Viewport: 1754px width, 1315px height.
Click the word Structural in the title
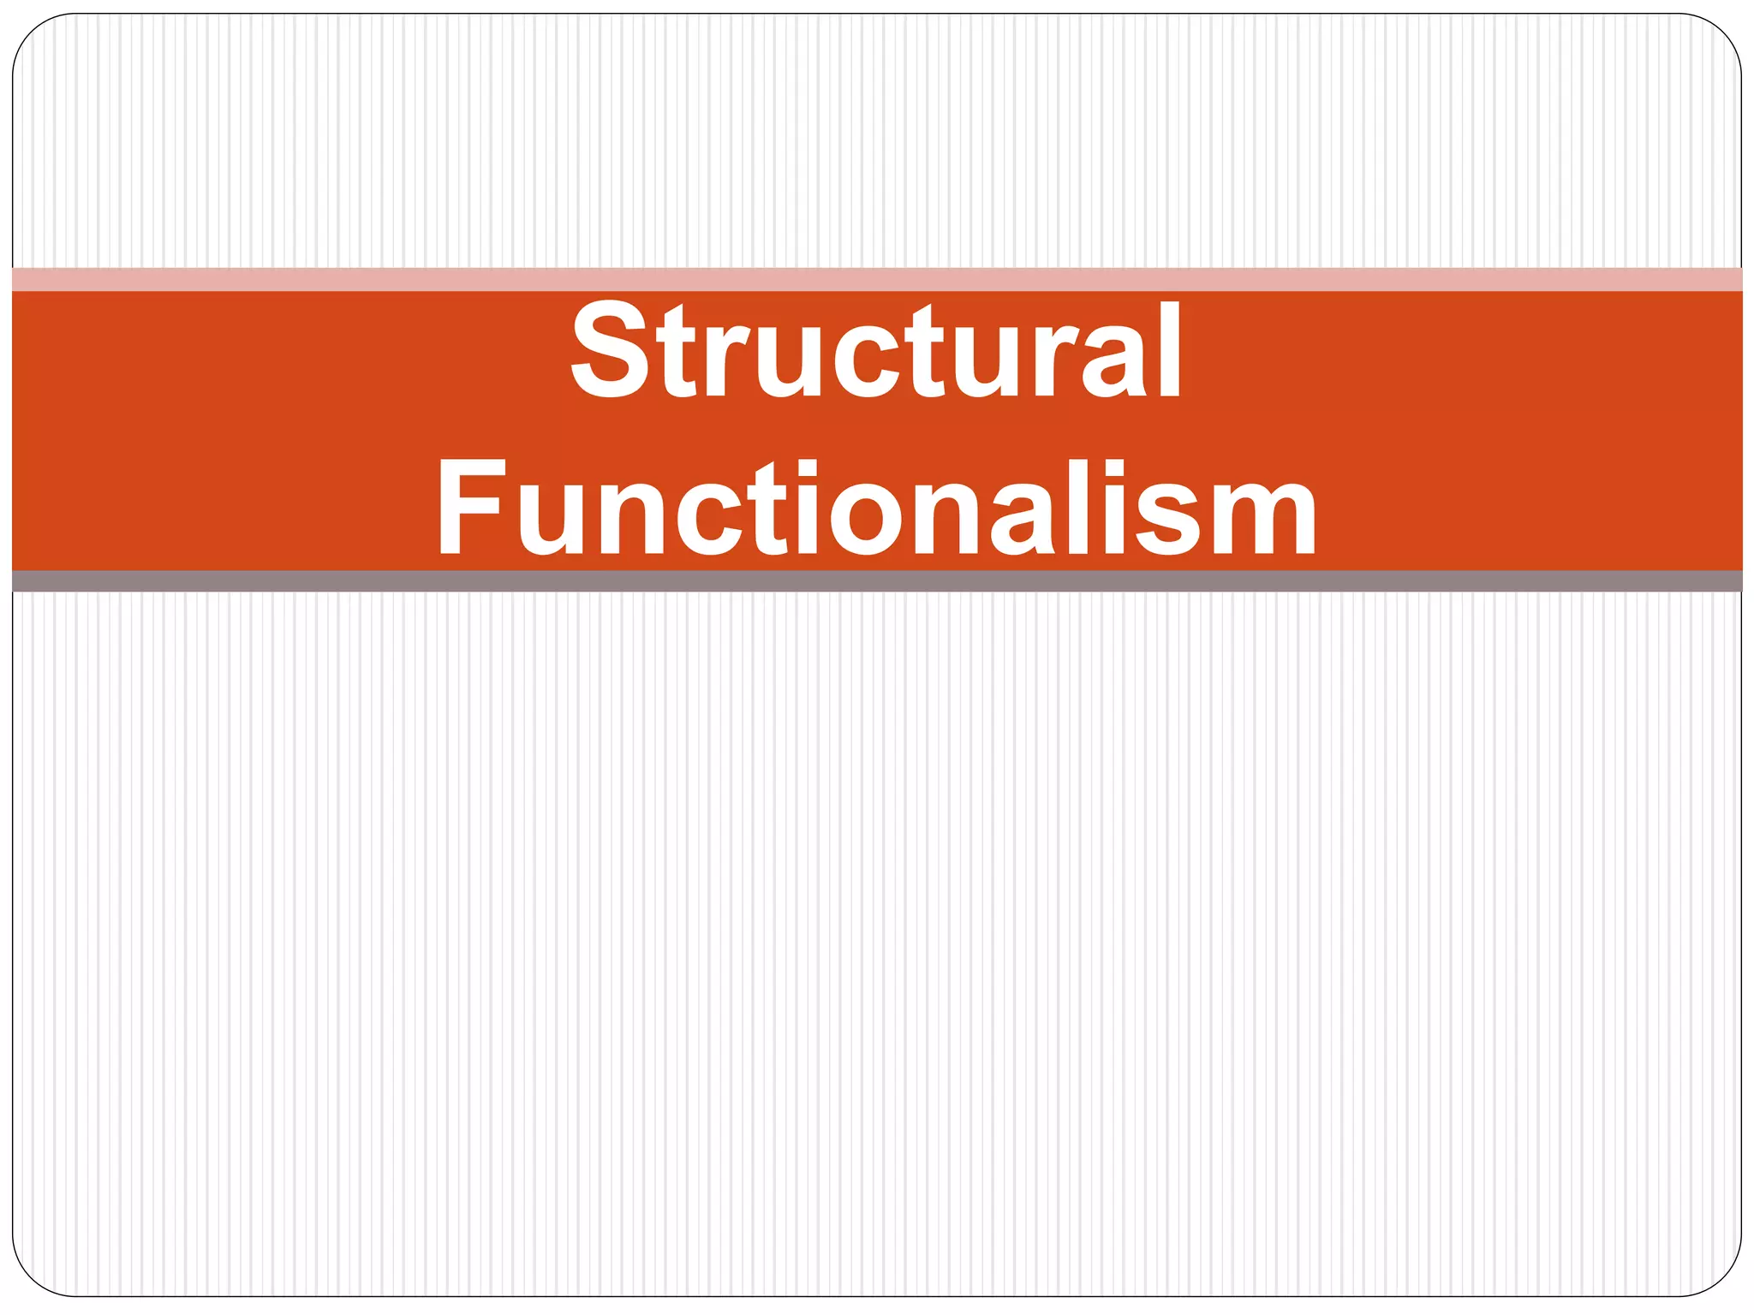[x=876, y=351]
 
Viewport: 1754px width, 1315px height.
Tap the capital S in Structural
[x=609, y=351]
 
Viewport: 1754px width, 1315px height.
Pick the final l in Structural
[x=1168, y=351]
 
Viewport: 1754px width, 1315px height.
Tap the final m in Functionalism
[x=1262, y=519]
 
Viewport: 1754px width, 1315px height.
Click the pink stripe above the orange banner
[x=877, y=280]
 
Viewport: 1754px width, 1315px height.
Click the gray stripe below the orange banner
[x=877, y=581]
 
